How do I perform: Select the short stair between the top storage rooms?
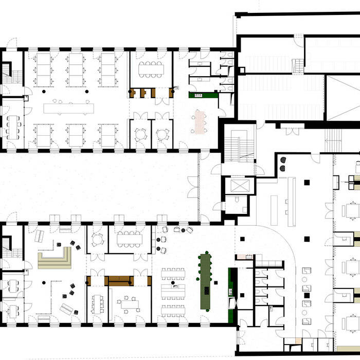pos(298,66)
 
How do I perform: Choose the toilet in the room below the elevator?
pos(237,202)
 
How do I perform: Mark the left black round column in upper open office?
pos(44,91)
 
